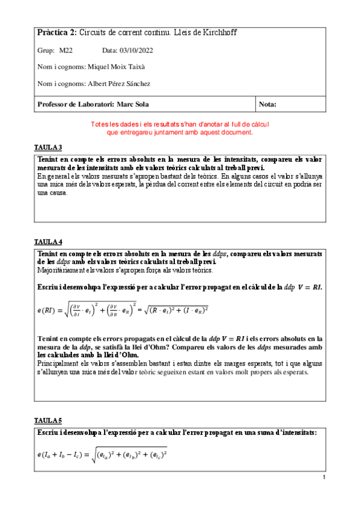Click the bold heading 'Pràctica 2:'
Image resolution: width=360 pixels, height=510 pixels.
56,32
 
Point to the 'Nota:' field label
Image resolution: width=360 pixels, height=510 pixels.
267,105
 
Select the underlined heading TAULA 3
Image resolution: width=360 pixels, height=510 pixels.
48,147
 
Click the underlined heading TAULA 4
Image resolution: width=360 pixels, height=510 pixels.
48,242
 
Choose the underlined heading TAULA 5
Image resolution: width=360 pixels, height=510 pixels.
48,420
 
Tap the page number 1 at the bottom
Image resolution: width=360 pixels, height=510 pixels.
324,478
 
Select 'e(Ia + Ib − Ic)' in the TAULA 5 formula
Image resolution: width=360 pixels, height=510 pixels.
62,455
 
